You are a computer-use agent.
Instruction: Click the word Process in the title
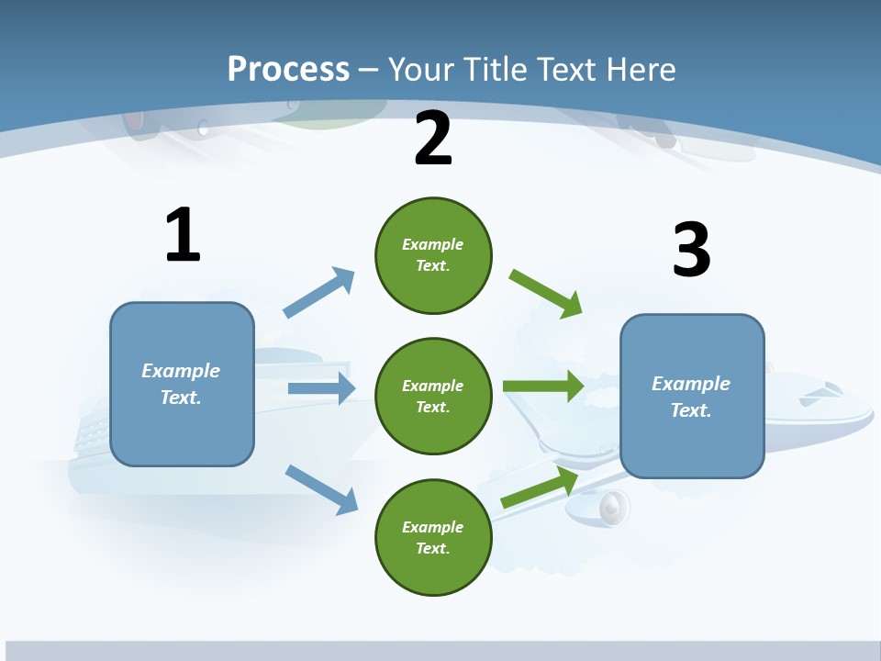(288, 70)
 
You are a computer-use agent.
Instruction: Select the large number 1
(183, 235)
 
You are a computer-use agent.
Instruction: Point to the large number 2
(433, 139)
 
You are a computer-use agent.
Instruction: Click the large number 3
(691, 251)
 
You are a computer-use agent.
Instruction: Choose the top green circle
(433, 255)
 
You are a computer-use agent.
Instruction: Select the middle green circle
(433, 396)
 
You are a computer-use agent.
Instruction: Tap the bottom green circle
(433, 537)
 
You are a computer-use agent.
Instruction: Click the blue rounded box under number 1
(182, 384)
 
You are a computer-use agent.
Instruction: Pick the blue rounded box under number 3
(692, 396)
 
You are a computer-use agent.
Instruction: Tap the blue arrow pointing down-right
(321, 489)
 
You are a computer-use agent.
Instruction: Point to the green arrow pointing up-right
(540, 487)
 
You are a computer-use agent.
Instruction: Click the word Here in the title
(642, 70)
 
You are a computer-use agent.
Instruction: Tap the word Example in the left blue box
(181, 371)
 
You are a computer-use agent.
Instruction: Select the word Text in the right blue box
(690, 410)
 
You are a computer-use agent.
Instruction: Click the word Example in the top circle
(433, 244)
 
